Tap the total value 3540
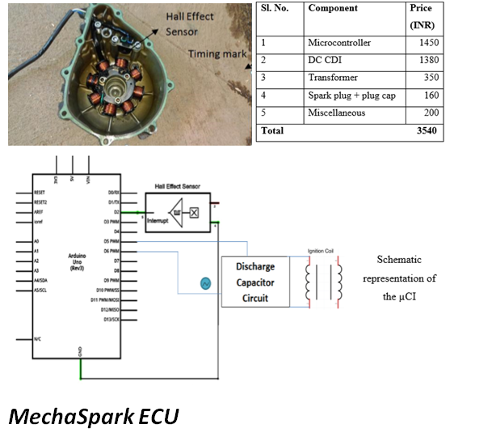pos(426,131)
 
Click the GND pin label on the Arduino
pos(80,351)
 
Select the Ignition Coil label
pos(321,251)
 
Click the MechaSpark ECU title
pos(93,416)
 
